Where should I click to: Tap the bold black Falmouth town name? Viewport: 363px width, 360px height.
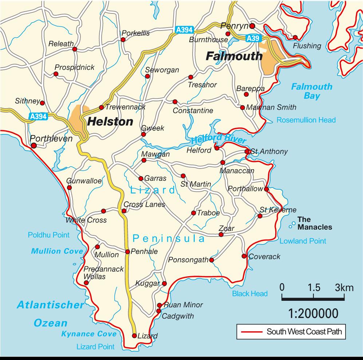click(x=234, y=56)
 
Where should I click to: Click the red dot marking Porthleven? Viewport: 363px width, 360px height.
click(x=33, y=146)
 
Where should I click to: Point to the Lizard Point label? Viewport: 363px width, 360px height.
click(x=95, y=347)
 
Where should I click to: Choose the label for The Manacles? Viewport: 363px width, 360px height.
click(x=315, y=223)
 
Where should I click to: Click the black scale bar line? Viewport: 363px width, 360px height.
click(x=313, y=299)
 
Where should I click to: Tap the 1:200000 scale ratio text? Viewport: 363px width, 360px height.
click(x=313, y=313)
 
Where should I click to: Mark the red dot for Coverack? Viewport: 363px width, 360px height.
click(x=244, y=256)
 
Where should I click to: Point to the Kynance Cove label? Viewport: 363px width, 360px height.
click(x=89, y=334)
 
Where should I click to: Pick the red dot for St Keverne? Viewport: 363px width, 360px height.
click(x=260, y=216)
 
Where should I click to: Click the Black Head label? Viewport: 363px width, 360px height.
click(x=250, y=294)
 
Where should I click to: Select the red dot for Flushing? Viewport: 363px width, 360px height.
click(x=295, y=37)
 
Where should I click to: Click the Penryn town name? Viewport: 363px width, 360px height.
click(x=234, y=26)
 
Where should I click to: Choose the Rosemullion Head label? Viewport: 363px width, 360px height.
click(x=306, y=120)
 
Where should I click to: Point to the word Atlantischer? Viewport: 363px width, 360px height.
click(x=50, y=305)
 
